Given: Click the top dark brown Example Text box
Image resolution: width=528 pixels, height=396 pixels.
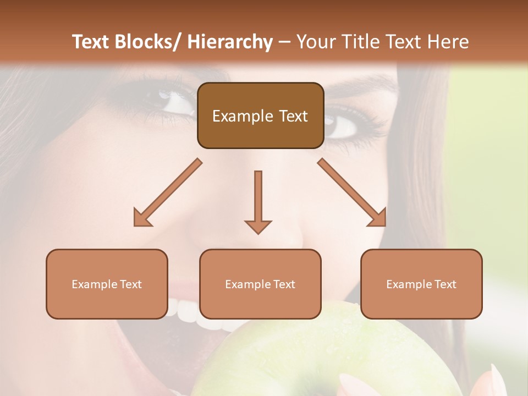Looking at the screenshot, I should click(260, 116).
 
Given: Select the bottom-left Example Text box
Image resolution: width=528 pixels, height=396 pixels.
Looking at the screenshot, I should click(107, 284).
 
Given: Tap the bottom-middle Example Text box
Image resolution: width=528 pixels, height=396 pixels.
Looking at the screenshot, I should click(260, 284).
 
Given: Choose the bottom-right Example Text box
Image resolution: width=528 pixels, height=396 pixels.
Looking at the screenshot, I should click(421, 284).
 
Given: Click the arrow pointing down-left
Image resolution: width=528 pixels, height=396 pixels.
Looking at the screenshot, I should click(167, 193).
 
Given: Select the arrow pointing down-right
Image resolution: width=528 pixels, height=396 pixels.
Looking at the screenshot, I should click(352, 193).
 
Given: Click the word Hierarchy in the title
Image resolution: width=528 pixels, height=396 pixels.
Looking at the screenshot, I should click(230, 42).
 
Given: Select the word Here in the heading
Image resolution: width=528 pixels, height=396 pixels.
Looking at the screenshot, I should click(449, 42).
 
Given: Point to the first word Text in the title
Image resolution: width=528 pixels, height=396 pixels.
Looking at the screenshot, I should click(91, 42).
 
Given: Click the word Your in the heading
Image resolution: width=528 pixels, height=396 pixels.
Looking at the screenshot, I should click(315, 42).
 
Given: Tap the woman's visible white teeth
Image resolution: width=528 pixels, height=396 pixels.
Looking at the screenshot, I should click(184, 311).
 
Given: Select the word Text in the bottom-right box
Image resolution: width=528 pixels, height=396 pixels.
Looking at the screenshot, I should click(444, 284).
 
